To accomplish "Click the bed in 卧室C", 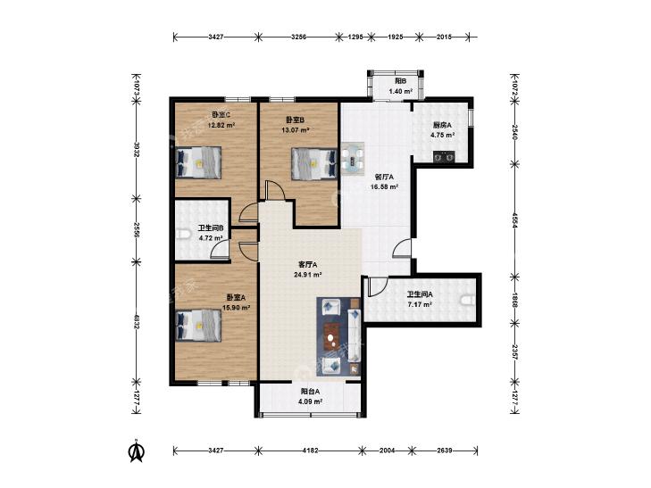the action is (198, 162).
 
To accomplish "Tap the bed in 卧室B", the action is (313, 164).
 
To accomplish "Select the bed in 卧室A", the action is (198, 326).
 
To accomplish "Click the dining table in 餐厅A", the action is (353, 158).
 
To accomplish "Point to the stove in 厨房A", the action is (444, 157).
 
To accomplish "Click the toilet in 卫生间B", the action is (183, 236).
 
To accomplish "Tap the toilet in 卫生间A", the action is (468, 300).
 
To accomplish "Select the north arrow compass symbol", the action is (136, 451).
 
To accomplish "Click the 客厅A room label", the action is (308, 264).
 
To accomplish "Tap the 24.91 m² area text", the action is (308, 275).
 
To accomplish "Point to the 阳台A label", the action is (311, 391).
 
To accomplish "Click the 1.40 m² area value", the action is (400, 91).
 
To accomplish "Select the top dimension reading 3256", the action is (298, 37).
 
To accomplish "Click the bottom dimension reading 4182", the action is (311, 450).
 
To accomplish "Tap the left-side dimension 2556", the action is (136, 229).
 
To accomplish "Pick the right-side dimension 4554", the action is (515, 219).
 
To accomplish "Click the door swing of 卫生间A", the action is (377, 287).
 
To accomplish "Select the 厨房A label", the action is (443, 124).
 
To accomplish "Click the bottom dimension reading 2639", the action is (444, 450).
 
